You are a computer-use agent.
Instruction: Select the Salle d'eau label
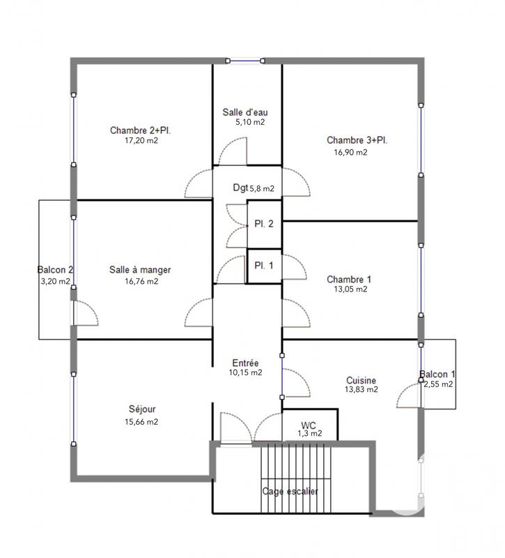click(245, 112)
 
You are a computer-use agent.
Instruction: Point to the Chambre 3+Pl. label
click(357, 140)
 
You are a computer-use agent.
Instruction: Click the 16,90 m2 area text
click(350, 153)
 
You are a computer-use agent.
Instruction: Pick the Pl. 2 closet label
click(263, 224)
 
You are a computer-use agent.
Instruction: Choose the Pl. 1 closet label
click(263, 265)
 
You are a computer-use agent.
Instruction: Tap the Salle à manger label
click(140, 270)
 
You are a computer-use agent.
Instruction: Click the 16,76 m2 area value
click(141, 282)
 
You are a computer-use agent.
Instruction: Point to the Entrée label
click(245, 363)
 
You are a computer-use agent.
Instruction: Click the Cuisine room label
click(361, 380)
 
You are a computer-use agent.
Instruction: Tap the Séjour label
click(142, 409)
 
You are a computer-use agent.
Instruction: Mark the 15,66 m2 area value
click(141, 421)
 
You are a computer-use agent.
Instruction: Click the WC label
click(309, 425)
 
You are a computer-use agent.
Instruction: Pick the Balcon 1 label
click(437, 373)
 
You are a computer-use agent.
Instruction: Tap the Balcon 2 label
click(56, 270)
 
